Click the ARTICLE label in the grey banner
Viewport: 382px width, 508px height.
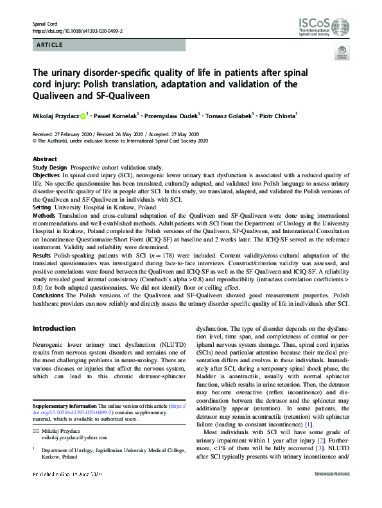pos(50,46)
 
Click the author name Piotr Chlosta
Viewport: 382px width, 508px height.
pos(277,116)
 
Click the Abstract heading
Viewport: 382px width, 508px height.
pos(45,159)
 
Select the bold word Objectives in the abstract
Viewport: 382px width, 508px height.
pos(47,175)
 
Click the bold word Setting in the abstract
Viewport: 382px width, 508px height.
pos(42,207)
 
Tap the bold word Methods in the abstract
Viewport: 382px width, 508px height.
pos(44,216)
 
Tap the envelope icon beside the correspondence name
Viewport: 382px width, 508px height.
pos(35,428)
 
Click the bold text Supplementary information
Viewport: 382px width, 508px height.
pos(64,407)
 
